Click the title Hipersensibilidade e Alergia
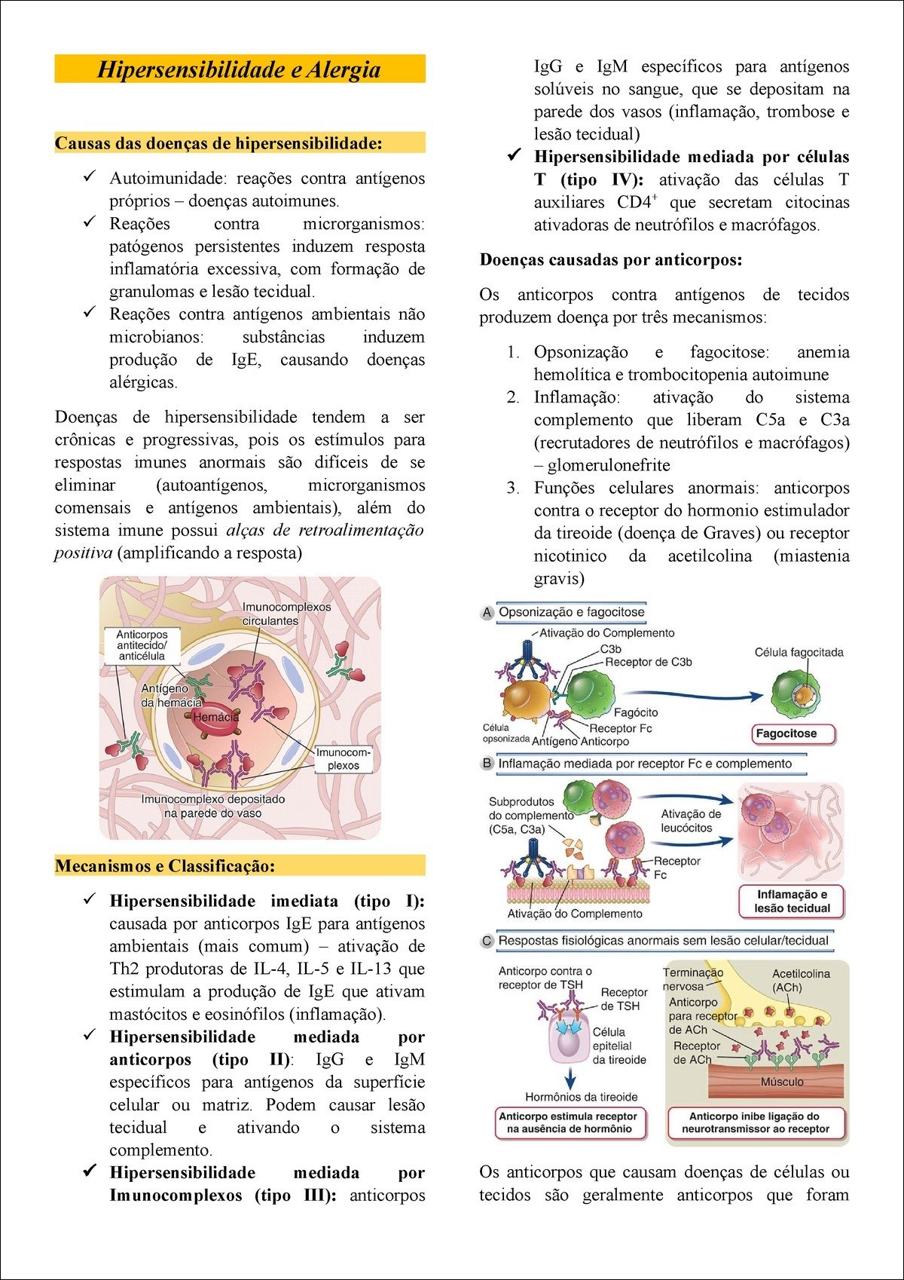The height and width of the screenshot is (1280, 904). pyautogui.click(x=239, y=69)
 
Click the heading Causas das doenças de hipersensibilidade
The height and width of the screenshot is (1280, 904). pyautogui.click(x=218, y=143)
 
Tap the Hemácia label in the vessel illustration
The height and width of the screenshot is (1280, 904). pyautogui.click(x=215, y=717)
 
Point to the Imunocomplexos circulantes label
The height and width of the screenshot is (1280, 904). pyautogui.click(x=286, y=614)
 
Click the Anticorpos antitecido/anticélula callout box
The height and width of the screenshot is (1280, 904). pyautogui.click(x=142, y=645)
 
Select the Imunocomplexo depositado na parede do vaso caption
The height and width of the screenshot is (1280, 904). pyautogui.click(x=213, y=806)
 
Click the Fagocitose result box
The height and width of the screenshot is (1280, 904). pyautogui.click(x=786, y=733)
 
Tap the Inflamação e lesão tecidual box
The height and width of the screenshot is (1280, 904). pyautogui.click(x=792, y=902)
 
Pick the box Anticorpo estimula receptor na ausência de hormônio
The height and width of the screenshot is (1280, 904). pyautogui.click(x=568, y=1122)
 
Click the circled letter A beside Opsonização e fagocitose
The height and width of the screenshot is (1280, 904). pyautogui.click(x=487, y=613)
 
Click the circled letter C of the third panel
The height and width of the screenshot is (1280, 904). pyautogui.click(x=487, y=941)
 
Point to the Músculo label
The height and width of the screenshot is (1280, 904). pyautogui.click(x=782, y=1082)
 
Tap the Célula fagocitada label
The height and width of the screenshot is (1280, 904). pyautogui.click(x=799, y=652)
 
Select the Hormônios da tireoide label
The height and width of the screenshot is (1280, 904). pyautogui.click(x=582, y=1097)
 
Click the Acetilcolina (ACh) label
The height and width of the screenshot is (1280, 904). pyautogui.click(x=801, y=980)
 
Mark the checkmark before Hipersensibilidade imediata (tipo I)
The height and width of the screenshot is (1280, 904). pyautogui.click(x=90, y=900)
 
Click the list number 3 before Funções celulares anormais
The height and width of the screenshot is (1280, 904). pyautogui.click(x=512, y=488)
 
